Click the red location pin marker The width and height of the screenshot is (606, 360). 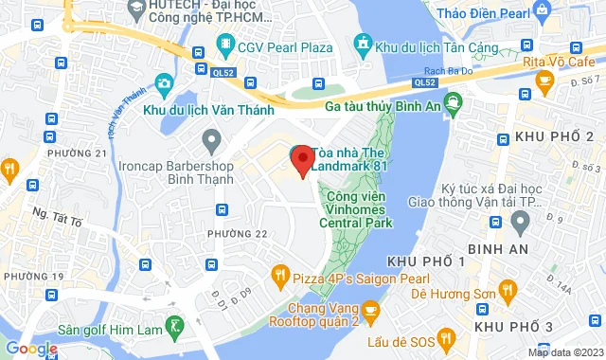tap(302, 161)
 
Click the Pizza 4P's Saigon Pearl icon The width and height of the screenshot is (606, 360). tap(279, 276)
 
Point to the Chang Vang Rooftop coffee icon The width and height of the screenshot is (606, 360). tap(370, 309)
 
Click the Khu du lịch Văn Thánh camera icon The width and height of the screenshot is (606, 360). tap(164, 84)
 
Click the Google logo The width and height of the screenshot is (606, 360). tap(30, 349)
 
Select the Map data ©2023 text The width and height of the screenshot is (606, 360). tap(564, 352)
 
